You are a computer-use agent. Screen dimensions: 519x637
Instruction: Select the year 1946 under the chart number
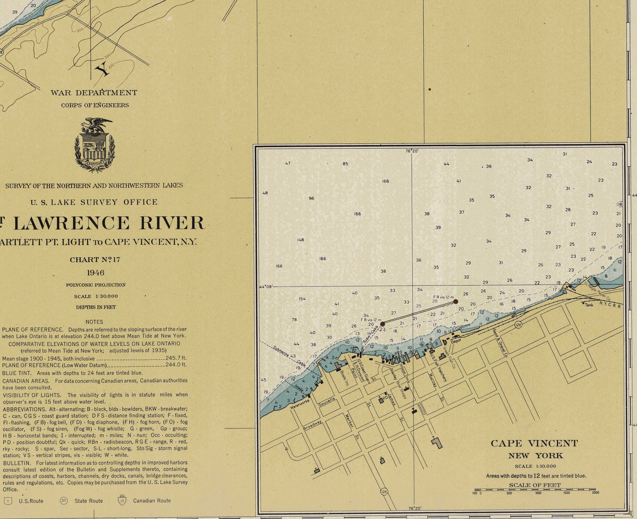[96, 273]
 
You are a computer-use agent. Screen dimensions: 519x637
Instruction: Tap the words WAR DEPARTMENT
[94, 93]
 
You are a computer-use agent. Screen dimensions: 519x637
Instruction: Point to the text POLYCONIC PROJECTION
[96, 285]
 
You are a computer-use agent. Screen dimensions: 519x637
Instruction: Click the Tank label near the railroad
[589, 305]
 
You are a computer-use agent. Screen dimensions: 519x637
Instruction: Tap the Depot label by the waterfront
[456, 341]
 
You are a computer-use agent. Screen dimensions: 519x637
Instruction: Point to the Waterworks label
[300, 404]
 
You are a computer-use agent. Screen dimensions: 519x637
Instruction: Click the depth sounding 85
[345, 164]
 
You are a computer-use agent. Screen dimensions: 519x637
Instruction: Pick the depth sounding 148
[300, 240]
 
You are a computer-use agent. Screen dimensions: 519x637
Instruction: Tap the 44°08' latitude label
[266, 287]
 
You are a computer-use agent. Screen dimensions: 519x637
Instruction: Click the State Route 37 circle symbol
[63, 501]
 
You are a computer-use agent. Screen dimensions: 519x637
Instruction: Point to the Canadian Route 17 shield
[122, 501]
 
